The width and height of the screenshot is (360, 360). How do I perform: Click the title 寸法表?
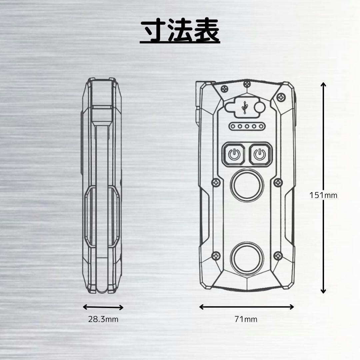(180, 31)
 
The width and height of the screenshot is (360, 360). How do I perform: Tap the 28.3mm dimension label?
(103, 319)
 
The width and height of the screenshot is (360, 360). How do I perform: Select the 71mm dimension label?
(246, 319)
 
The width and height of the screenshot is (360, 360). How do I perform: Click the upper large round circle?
(247, 185)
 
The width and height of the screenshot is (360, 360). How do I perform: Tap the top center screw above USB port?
(247, 83)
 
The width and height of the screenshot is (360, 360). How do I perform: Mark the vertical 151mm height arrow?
(323, 188)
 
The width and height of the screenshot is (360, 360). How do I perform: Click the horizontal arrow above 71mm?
(247, 307)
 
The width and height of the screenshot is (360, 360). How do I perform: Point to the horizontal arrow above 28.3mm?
(103, 307)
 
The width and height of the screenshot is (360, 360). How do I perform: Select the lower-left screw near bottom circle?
(216, 256)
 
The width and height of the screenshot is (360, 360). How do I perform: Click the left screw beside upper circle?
(216, 182)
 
